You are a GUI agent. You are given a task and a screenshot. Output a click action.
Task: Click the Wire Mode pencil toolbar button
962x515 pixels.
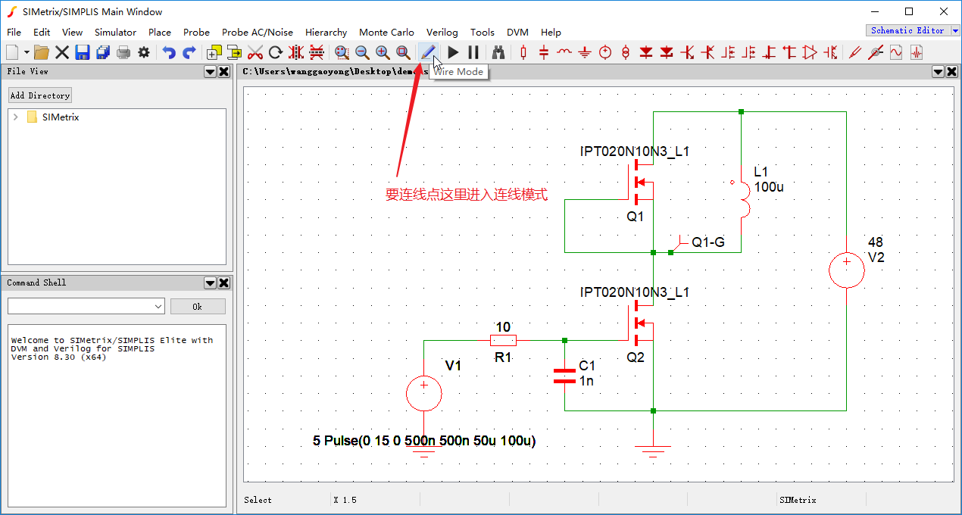428,52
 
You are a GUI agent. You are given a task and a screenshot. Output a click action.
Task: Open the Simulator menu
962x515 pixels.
115,33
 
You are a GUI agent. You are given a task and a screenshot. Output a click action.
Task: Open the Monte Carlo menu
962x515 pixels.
386,33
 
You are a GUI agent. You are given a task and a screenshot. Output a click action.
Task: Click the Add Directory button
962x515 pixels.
40,95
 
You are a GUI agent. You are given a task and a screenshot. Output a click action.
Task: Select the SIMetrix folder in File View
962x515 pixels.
61,117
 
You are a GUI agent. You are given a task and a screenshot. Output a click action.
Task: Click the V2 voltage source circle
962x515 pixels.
846,270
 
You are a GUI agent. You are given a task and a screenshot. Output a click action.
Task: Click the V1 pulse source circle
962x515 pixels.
424,393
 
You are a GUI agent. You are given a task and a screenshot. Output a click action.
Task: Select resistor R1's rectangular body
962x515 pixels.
503,341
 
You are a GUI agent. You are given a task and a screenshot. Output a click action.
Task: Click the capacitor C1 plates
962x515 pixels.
564,376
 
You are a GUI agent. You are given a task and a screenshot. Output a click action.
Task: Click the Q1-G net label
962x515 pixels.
708,242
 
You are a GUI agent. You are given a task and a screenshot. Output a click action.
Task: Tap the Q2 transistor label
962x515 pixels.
636,357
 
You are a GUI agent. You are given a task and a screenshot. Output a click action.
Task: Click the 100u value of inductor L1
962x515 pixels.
769,186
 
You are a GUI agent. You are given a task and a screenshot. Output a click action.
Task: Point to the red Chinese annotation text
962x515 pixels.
467,195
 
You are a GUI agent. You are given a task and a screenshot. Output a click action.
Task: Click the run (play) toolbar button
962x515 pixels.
453,52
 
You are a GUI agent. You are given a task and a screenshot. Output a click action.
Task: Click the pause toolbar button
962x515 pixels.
473,52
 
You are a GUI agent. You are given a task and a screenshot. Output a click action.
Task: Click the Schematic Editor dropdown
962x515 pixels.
913,31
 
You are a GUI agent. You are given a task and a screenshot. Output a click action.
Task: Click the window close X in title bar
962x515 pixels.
943,11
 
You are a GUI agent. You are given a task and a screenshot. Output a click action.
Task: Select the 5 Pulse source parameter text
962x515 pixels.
424,441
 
